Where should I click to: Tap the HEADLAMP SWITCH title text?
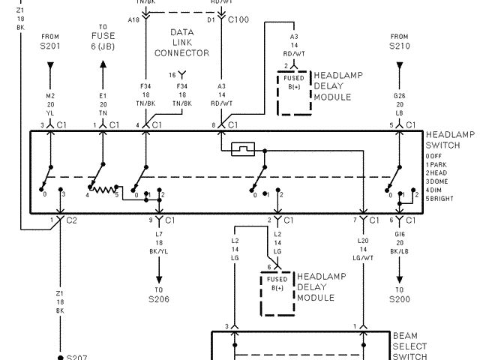coord(449,139)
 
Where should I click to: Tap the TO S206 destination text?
coord(159,294)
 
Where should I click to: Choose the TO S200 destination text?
coord(400,294)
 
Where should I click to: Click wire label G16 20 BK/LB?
coord(400,247)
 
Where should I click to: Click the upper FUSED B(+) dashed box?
coord(294,93)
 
